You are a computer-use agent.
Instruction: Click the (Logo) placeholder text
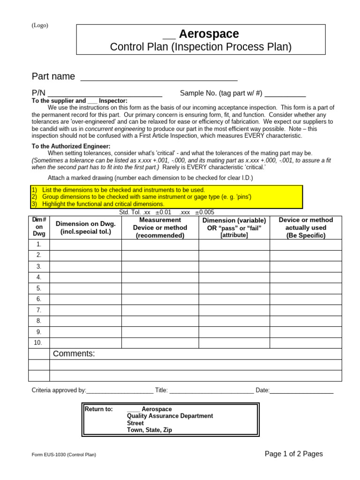(x=40, y=25)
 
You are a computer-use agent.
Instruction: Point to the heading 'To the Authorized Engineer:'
(x=71, y=146)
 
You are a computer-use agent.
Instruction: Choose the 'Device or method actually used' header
(x=306, y=227)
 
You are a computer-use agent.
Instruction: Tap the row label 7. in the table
(x=39, y=310)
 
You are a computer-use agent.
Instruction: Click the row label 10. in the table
(x=38, y=343)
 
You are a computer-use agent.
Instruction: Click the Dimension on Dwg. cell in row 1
(x=85, y=244)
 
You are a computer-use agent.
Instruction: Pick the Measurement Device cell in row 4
(x=160, y=277)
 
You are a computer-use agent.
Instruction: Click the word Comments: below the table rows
(x=74, y=353)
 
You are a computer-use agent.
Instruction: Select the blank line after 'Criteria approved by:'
(x=120, y=390)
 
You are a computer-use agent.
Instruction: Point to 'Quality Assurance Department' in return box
(x=170, y=416)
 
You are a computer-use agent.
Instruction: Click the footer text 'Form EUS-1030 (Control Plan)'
(x=64, y=455)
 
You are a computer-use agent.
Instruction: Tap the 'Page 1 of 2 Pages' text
(x=293, y=454)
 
